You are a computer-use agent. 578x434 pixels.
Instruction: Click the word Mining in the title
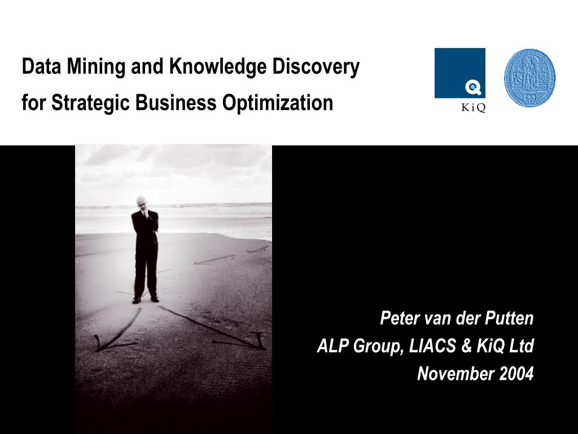pos(96,67)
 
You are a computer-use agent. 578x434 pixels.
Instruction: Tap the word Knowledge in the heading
pos(218,67)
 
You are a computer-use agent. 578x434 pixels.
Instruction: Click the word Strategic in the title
pos(90,103)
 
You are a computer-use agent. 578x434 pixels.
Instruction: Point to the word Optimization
pos(278,103)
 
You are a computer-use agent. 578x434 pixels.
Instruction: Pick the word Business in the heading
pos(176,102)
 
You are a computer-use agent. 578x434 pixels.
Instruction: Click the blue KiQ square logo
pos(459,73)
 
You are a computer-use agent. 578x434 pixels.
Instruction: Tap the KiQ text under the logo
pos(474,108)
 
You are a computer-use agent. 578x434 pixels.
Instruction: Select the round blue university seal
pos(529,78)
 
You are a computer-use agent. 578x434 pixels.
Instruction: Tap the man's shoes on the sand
pos(145,300)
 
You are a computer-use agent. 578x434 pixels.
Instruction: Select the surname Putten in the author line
pos(509,318)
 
